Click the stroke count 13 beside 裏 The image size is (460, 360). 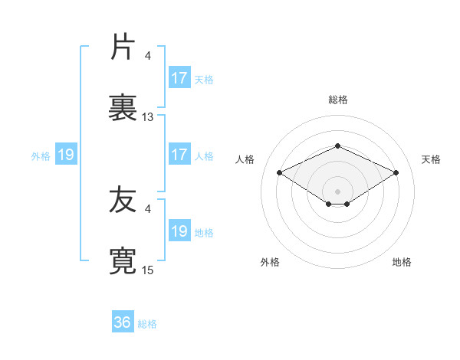tap(148, 117)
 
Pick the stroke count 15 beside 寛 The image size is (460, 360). tap(148, 270)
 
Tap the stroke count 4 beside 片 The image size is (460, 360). tap(148, 56)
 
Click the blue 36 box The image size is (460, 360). tap(123, 322)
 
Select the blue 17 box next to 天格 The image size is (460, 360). tap(179, 78)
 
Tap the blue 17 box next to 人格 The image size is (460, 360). tap(179, 155)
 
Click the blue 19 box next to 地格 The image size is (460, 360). tap(179, 231)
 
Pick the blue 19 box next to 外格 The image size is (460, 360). tap(66, 155)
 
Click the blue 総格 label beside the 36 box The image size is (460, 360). tap(147, 324)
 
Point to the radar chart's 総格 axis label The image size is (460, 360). tap(338, 100)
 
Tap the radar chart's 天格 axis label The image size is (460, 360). tap(431, 159)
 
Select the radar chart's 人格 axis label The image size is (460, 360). tap(245, 159)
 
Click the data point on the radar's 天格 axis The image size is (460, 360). tap(396, 172)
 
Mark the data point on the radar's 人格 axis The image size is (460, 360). tap(280, 172)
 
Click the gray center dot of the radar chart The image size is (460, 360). tap(338, 191)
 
